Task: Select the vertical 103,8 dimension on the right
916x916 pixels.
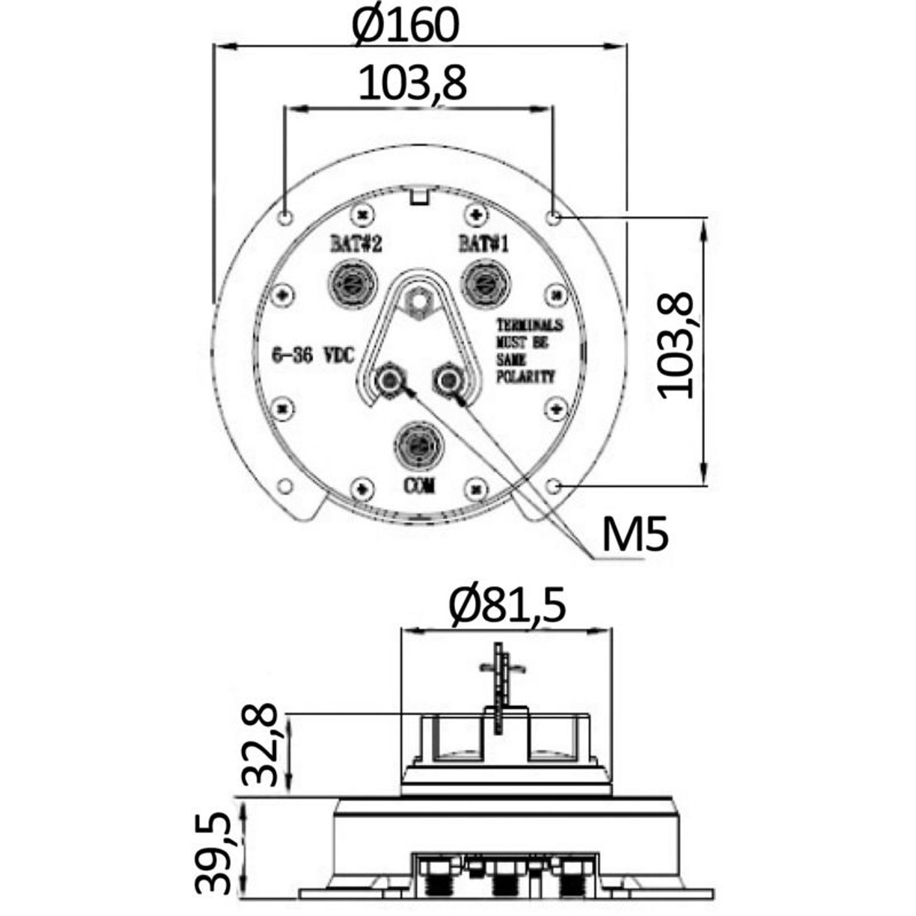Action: (676, 346)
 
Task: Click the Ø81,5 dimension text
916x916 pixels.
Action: (507, 605)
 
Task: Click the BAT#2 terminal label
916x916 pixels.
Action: (357, 244)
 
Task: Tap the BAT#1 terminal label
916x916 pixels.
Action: (484, 244)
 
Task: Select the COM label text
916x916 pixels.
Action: (420, 485)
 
